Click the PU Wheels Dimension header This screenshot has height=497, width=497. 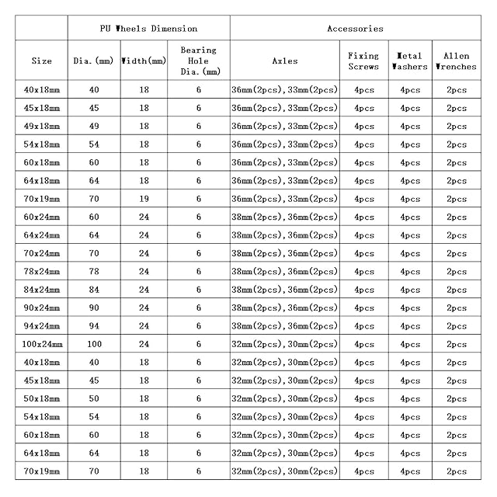pyautogui.click(x=148, y=29)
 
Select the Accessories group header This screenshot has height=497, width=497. pyautogui.click(x=355, y=29)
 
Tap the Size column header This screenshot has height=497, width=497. pyautogui.click(x=42, y=61)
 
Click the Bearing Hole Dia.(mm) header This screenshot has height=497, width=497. pyautogui.click(x=199, y=61)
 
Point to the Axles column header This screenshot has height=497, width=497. pyautogui.click(x=285, y=61)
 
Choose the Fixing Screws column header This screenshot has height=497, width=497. pyautogui.click(x=363, y=61)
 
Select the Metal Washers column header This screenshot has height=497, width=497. pyautogui.click(x=409, y=61)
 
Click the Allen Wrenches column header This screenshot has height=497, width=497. pyautogui.click(x=457, y=61)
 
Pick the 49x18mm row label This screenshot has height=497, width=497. pyautogui.click(x=42, y=126)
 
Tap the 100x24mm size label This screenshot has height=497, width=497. pyautogui.click(x=42, y=344)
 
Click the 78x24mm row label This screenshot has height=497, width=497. pyautogui.click(x=42, y=271)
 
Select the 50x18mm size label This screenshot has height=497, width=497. pyautogui.click(x=42, y=398)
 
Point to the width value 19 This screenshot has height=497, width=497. pyautogui.click(x=144, y=199)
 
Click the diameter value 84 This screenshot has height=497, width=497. pyautogui.click(x=94, y=290)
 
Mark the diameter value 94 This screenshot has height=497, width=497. pyautogui.click(x=94, y=326)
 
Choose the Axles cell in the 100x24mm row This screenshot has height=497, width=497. pyautogui.click(x=285, y=344)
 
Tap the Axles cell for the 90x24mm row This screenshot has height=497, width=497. pyautogui.click(x=285, y=308)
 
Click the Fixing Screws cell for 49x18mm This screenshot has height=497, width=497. pyautogui.click(x=363, y=126)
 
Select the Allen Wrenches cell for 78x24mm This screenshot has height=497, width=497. pyautogui.click(x=457, y=271)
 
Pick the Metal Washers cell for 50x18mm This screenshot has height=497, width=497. pyautogui.click(x=409, y=398)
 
